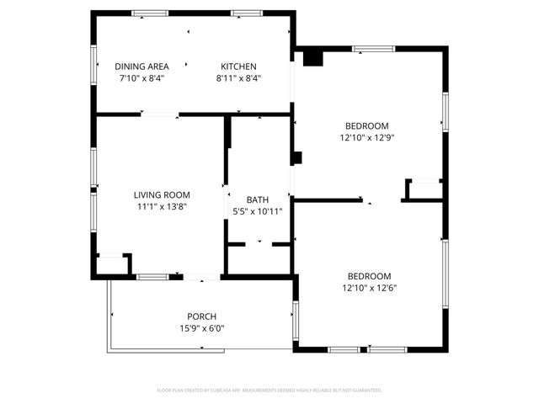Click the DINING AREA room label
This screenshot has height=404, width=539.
click(141, 66)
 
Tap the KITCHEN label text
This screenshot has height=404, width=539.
click(238, 66)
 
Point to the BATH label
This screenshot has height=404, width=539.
click(258, 199)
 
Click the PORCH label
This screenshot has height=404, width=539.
click(202, 317)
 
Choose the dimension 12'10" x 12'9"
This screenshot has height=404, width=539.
click(368, 137)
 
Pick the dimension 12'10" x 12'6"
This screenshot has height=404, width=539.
click(370, 288)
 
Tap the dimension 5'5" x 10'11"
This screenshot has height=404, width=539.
click(258, 211)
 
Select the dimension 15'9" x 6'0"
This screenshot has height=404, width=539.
click(202, 329)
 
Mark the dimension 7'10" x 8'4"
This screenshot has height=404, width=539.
click(141, 78)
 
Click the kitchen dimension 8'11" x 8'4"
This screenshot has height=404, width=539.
click(238, 78)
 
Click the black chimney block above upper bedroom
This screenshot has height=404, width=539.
click(312, 57)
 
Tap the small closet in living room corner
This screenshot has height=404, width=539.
click(111, 264)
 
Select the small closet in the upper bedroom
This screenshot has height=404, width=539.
click(424, 190)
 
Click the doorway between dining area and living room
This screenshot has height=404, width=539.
click(159, 114)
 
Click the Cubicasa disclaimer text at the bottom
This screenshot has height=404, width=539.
click(269, 391)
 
